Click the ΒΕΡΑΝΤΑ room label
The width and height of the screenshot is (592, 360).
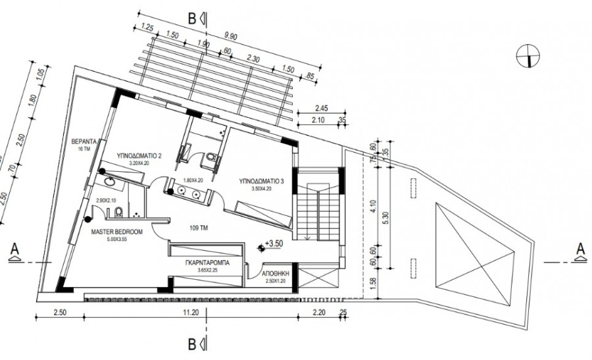[x=84, y=141]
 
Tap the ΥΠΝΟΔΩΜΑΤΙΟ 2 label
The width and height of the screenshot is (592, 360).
[x=139, y=156]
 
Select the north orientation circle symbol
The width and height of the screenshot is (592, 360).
[x=528, y=55]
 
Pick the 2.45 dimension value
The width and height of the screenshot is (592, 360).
[x=322, y=108]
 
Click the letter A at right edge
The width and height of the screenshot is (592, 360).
[x=580, y=249]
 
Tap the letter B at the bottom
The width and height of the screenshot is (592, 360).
[x=192, y=342]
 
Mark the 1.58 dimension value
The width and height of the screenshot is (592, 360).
[x=374, y=282]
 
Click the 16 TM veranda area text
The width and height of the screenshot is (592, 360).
[x=83, y=150]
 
